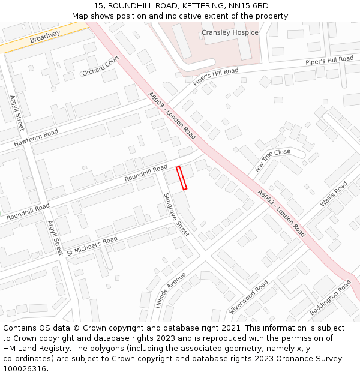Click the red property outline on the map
[x=181, y=178]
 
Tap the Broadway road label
[x=45, y=37]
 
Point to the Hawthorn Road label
[x=36, y=139]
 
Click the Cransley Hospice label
[x=230, y=32]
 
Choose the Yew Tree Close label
[x=272, y=160]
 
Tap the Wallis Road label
[x=334, y=194]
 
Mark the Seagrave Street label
[x=176, y=214]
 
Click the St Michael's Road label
[x=92, y=245]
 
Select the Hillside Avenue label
[x=170, y=290]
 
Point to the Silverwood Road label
[x=248, y=297]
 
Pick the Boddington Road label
[x=330, y=298]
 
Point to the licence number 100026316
[x=25, y=369]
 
